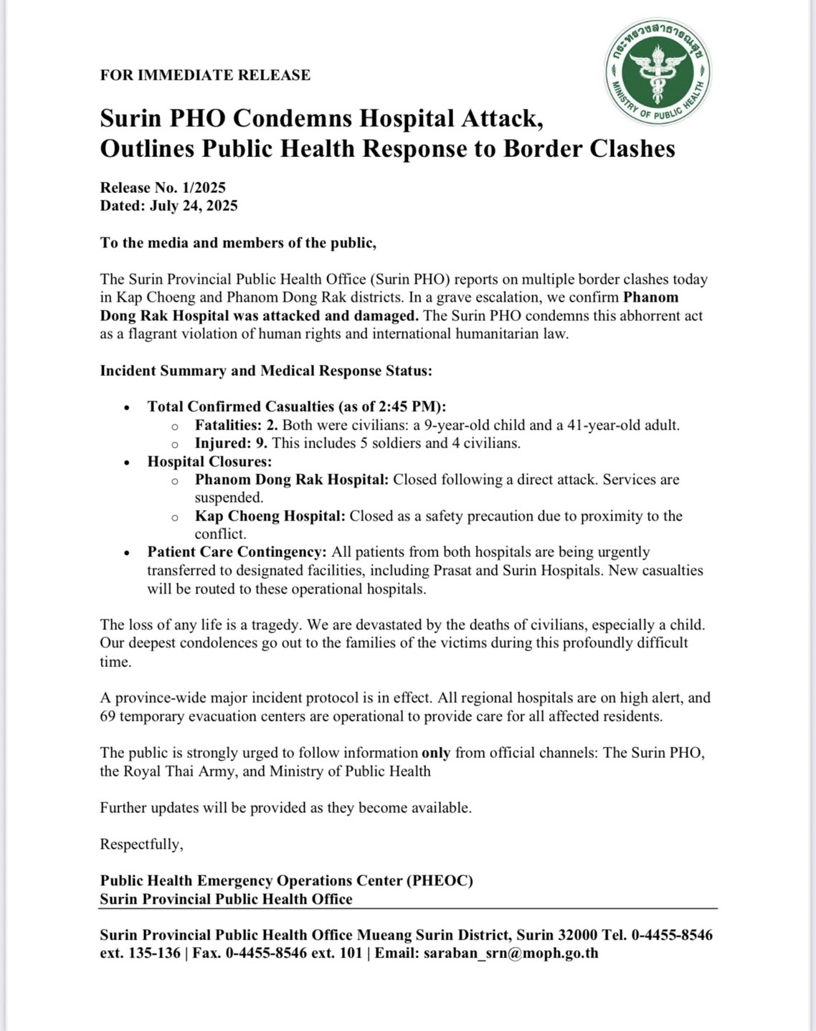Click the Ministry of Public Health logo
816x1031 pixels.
coord(658,72)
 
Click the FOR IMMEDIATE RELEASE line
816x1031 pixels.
coord(205,75)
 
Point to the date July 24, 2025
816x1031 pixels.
coord(194,206)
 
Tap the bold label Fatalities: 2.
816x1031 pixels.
coord(237,425)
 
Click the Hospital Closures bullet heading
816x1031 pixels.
coord(209,462)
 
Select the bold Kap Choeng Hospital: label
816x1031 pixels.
coord(270,516)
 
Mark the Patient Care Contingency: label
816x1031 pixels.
coord(237,552)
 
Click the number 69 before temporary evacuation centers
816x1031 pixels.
coord(108,716)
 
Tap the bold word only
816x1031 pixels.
coord(436,753)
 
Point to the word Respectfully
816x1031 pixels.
coord(141,845)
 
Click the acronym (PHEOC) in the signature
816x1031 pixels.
coord(440,880)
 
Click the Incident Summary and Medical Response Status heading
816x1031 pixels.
coord(265,371)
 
